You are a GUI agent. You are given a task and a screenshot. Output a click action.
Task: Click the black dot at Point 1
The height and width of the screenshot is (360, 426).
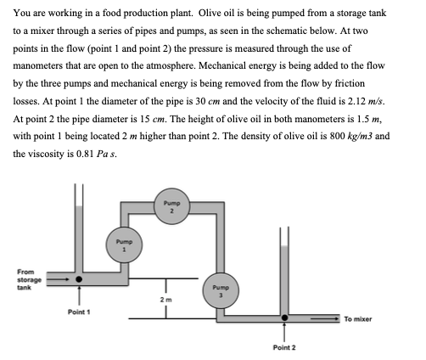(80, 278)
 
